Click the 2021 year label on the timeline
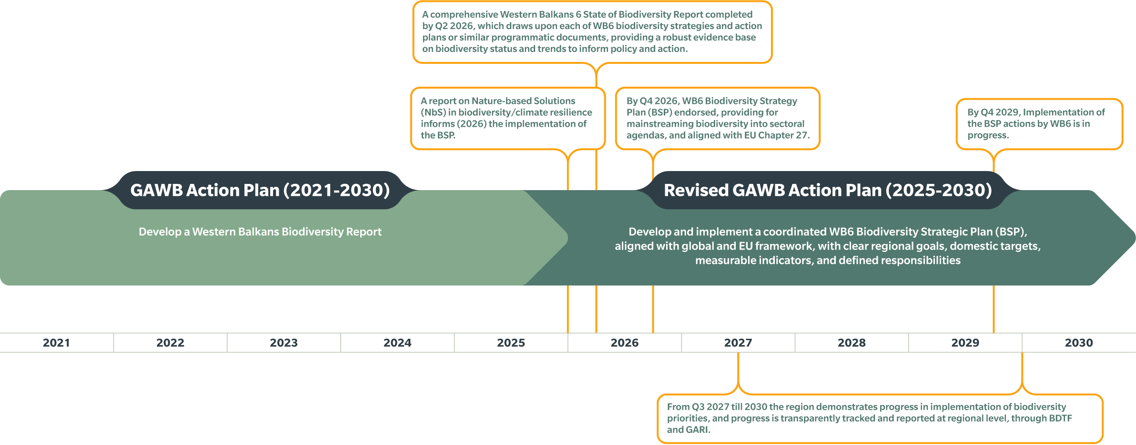(x=56, y=343)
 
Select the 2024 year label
(x=397, y=343)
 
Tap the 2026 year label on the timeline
(x=625, y=343)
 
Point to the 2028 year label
(x=852, y=343)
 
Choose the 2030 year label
(x=1079, y=343)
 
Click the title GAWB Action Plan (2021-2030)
(x=260, y=190)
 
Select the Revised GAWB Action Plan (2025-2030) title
(x=828, y=190)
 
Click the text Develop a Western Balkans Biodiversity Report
(x=260, y=232)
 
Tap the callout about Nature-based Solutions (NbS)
(x=508, y=118)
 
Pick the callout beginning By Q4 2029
(x=1040, y=124)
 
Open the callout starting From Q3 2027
(x=880, y=418)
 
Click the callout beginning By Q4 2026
(x=718, y=118)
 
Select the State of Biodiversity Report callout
(x=592, y=32)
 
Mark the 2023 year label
(x=284, y=343)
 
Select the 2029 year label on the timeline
(x=965, y=343)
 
